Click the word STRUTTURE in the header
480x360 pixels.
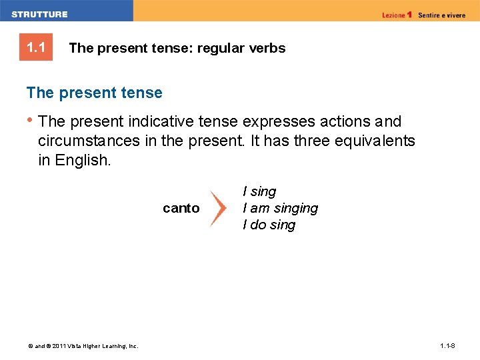[39, 14]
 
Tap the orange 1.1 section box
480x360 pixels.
[35, 48]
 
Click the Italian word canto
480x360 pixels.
[181, 208]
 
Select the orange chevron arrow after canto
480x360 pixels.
[219, 208]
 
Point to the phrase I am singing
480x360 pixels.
[280, 208]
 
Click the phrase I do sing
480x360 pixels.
[269, 225]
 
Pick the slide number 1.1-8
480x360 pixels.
[447, 346]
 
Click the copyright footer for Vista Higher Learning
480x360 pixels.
[83, 346]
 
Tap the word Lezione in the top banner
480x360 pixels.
[394, 15]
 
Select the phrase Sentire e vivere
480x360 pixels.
[442, 15]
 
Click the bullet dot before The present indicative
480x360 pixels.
[29, 120]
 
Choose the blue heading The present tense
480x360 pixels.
[94, 93]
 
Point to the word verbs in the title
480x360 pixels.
[267, 48]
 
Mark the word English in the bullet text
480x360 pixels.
[82, 160]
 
